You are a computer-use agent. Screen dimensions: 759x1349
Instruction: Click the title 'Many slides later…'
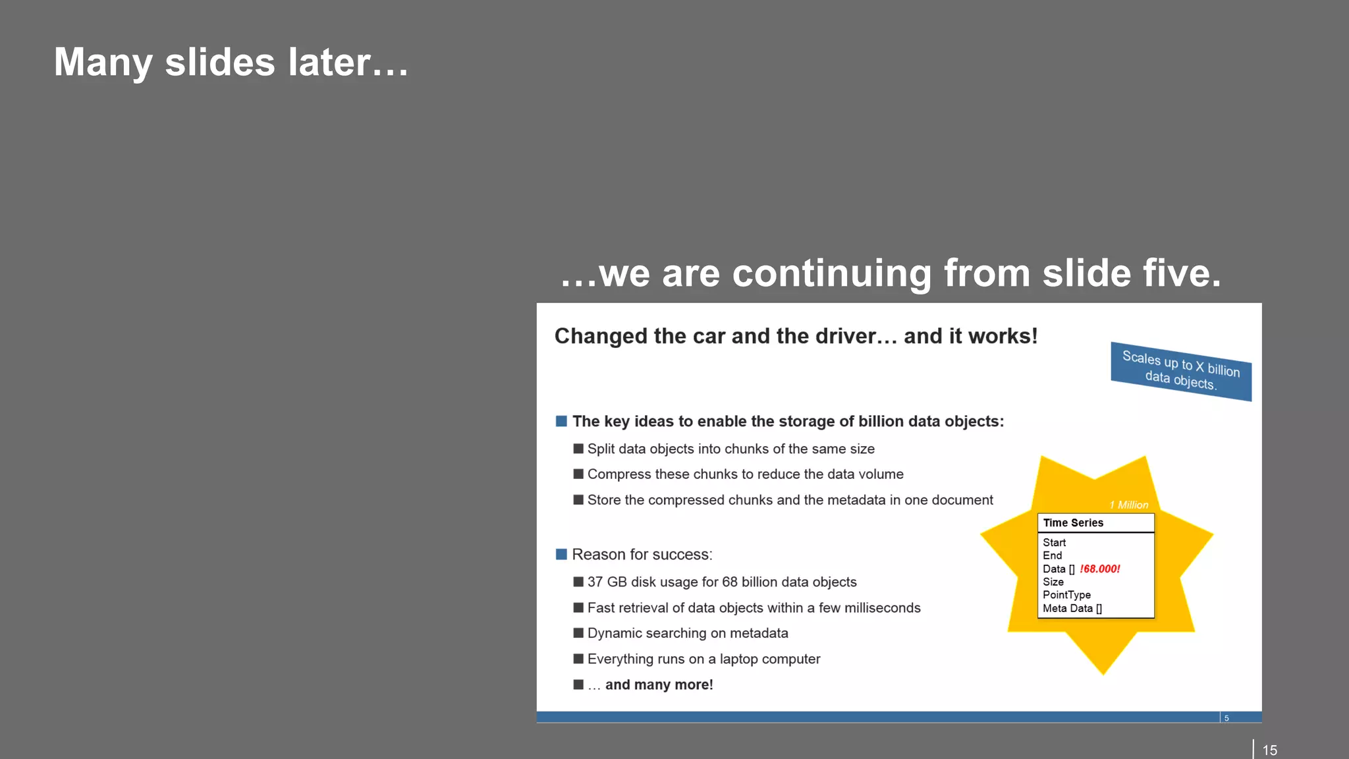click(231, 63)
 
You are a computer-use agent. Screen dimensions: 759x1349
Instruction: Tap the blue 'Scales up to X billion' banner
click(1181, 371)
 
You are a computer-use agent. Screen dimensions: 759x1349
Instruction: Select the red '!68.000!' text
click(1099, 569)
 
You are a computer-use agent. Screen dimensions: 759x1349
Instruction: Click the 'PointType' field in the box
click(1066, 595)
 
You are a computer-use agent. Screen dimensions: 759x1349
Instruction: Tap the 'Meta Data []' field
click(1072, 608)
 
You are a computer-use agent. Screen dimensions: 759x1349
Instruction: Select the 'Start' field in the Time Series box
click(1054, 542)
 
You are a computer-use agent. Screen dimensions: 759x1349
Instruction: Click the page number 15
click(1269, 750)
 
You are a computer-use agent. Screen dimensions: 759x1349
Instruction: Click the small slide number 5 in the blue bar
click(1226, 718)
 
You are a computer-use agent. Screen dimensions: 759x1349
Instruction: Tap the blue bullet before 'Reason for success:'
click(561, 554)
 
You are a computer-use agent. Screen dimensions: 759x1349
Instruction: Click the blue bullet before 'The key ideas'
click(561, 421)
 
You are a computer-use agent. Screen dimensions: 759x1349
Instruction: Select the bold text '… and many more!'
click(650, 685)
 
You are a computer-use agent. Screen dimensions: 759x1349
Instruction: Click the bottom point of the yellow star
click(1103, 671)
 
